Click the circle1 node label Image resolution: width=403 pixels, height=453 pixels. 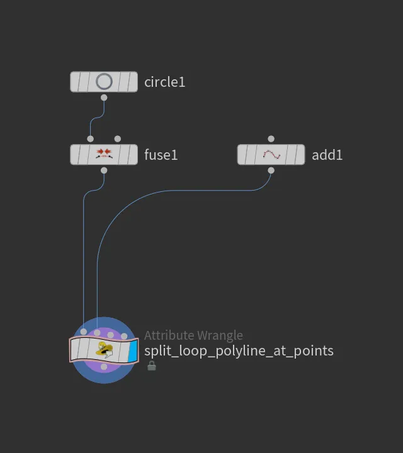click(x=164, y=82)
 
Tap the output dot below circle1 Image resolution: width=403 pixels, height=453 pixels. click(x=104, y=98)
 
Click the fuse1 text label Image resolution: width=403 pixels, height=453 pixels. click(x=161, y=155)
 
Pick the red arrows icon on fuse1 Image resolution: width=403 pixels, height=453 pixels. click(x=104, y=153)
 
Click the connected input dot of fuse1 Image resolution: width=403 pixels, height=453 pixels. click(x=91, y=139)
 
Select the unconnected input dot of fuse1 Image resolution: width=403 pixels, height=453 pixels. click(x=117, y=139)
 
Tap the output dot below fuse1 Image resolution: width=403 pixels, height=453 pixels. click(x=104, y=171)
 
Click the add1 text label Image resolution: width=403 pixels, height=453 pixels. click(x=327, y=155)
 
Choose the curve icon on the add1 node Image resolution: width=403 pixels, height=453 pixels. click(x=271, y=155)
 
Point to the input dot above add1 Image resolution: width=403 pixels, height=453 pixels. click(x=271, y=139)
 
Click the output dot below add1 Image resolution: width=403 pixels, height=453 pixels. click(x=271, y=171)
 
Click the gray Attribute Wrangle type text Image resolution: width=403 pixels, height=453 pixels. click(x=193, y=335)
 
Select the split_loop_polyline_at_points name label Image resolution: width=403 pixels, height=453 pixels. click(x=239, y=350)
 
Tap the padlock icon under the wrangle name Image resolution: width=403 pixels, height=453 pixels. click(x=152, y=366)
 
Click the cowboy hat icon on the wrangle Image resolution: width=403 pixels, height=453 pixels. click(x=105, y=349)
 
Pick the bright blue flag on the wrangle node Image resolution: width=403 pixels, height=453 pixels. click(x=132, y=350)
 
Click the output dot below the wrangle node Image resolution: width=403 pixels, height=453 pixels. click(x=104, y=367)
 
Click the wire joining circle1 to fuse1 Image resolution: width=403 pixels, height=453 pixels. click(x=97, y=118)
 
